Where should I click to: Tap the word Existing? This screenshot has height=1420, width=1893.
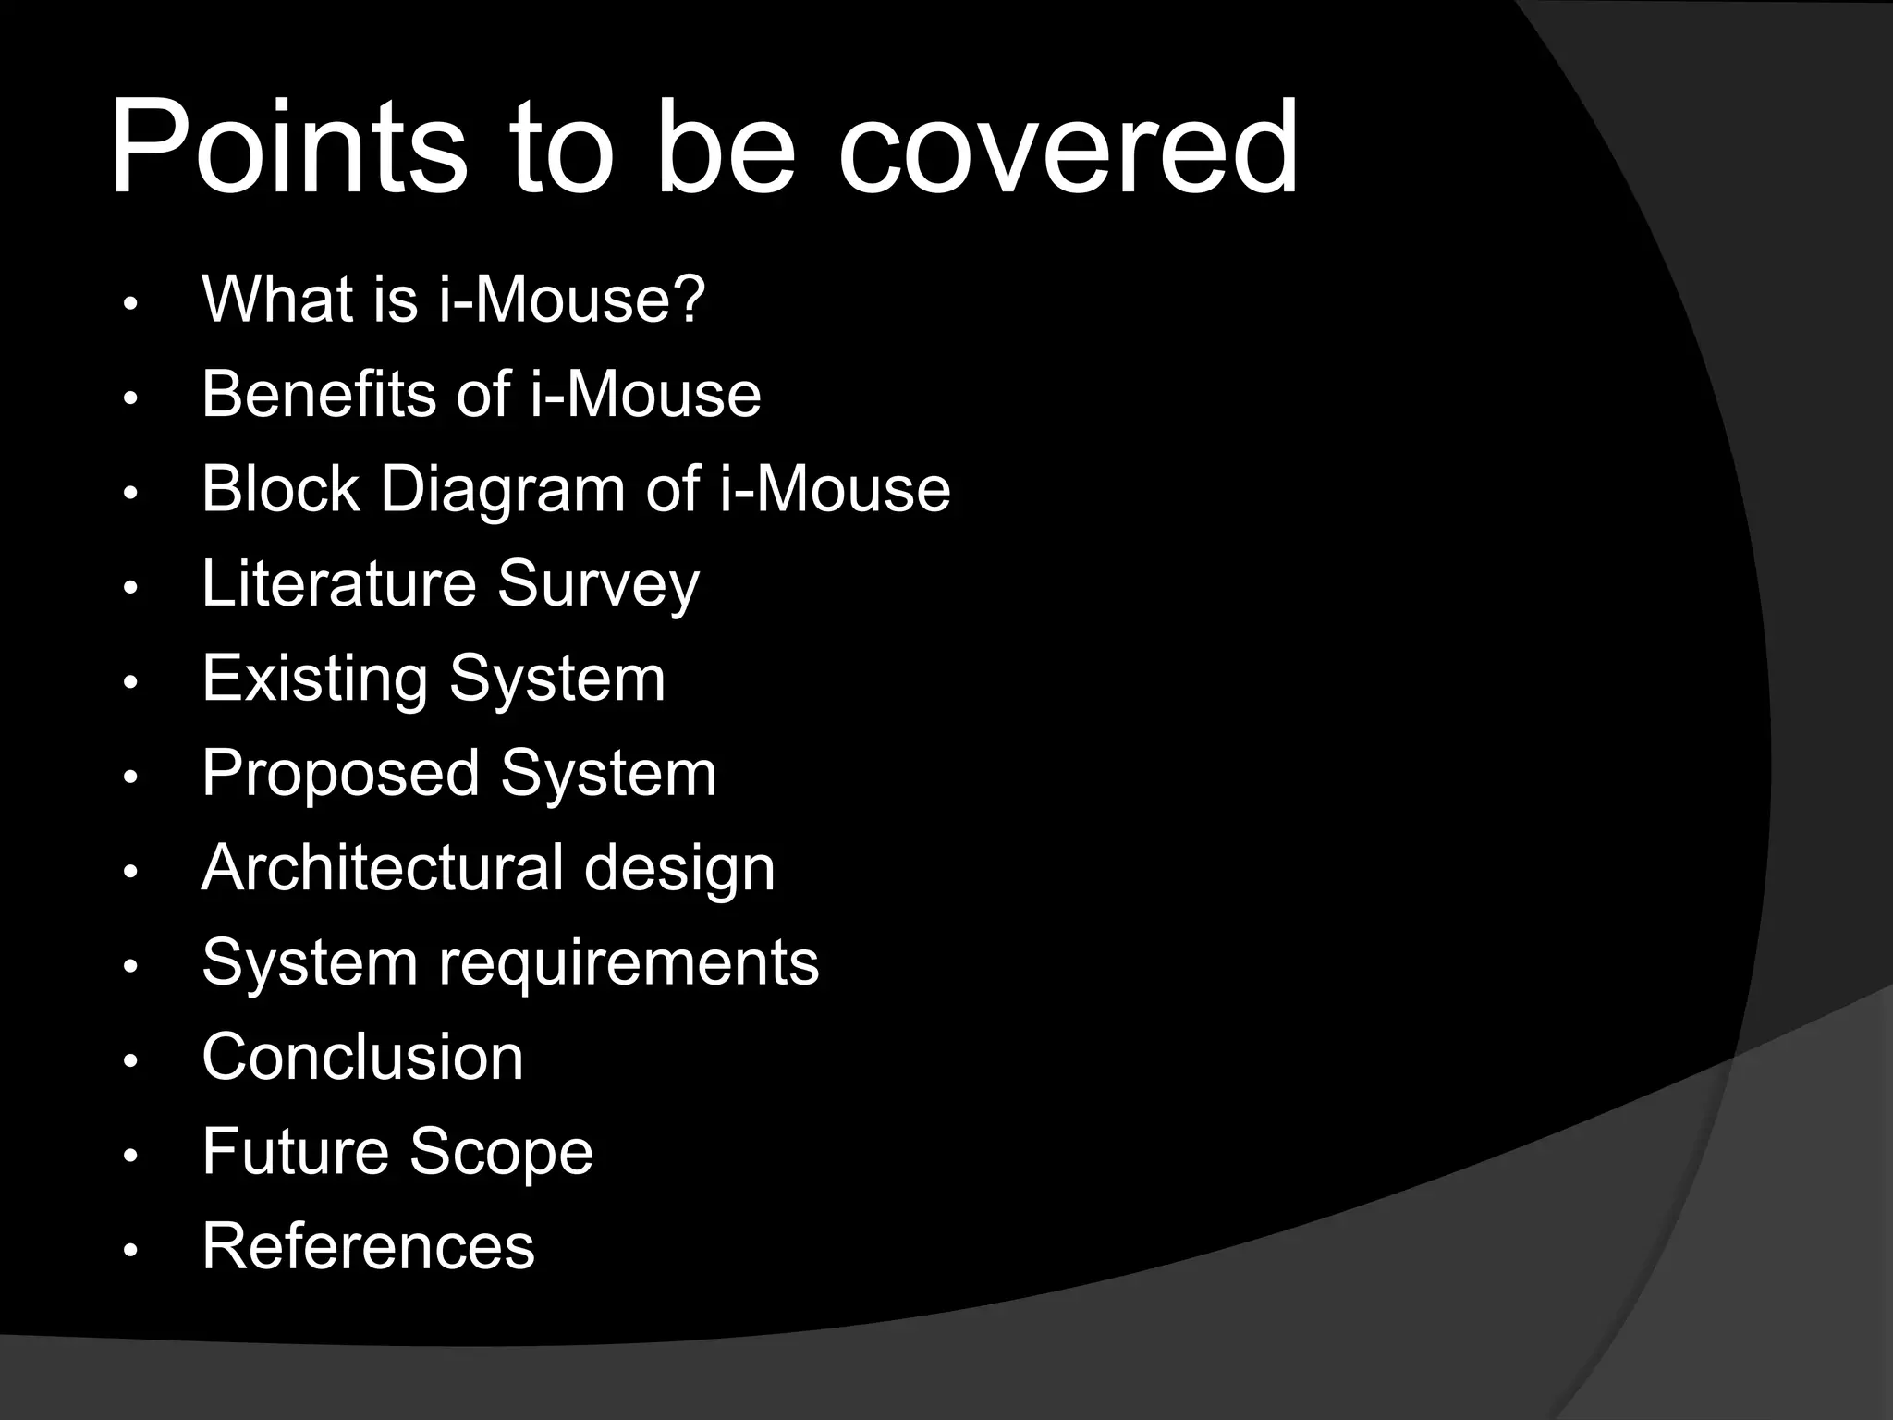[314, 679]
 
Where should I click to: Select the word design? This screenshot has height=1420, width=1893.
[679, 870]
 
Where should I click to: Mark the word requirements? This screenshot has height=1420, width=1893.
[629, 963]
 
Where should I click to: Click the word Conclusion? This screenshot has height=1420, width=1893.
[362, 1057]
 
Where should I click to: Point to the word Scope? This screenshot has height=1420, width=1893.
[501, 1153]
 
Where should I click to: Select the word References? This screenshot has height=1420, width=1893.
[368, 1246]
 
